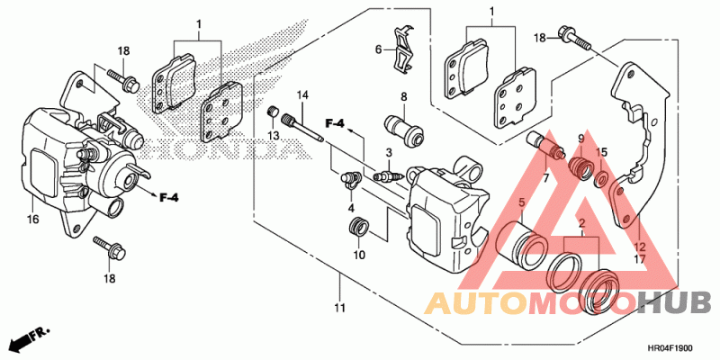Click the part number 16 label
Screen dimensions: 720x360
click(x=32, y=219)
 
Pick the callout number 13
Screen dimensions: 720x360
click(x=274, y=134)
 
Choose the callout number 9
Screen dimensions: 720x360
click(x=580, y=138)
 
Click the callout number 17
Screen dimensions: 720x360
click(x=640, y=259)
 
